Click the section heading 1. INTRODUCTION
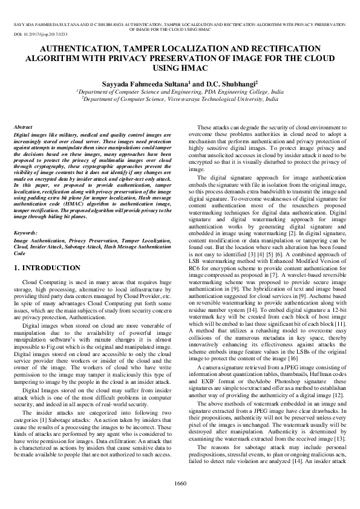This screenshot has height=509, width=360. tap(47, 267)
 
